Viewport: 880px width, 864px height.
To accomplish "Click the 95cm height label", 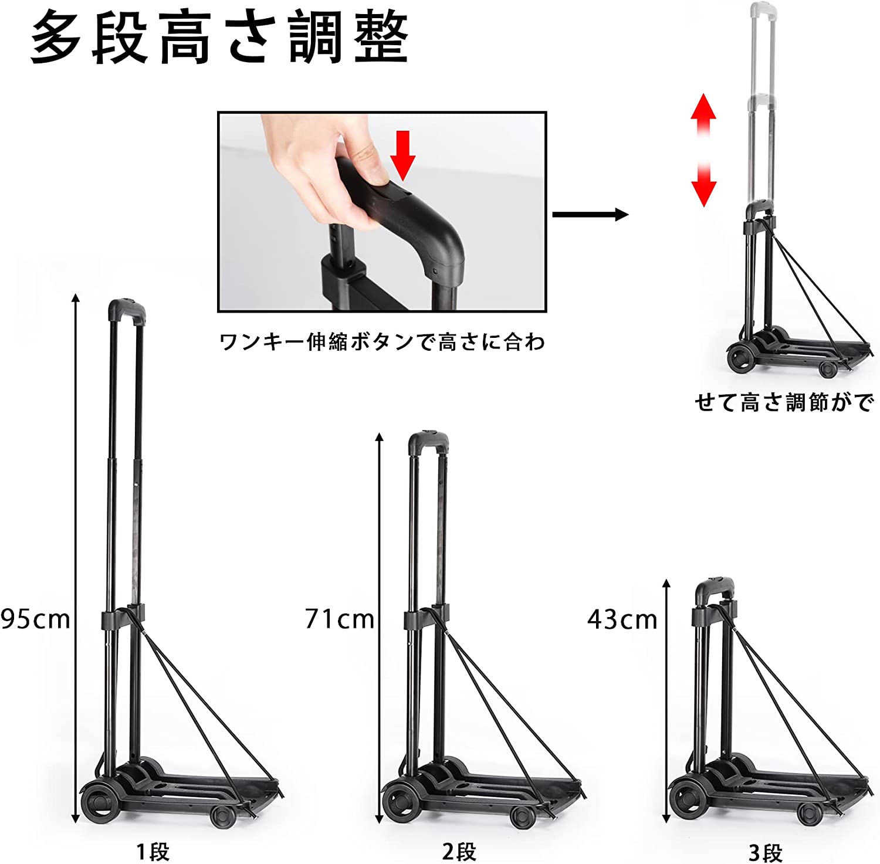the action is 35,619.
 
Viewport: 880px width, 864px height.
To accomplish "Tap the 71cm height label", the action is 340,619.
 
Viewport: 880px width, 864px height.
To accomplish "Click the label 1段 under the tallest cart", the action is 153,852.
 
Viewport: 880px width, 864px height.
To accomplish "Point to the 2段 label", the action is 459,852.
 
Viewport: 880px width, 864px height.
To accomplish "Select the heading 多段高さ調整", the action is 219,39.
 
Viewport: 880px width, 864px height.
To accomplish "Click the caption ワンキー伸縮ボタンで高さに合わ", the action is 382,342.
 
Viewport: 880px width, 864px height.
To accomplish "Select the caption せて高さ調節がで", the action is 784,402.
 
